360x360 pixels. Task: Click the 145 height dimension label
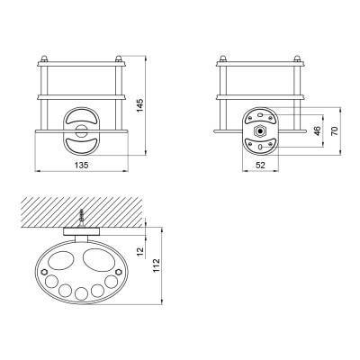click(x=140, y=105)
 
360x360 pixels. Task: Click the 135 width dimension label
click(x=81, y=165)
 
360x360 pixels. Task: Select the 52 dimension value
click(x=260, y=165)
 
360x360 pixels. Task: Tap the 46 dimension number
click(x=318, y=130)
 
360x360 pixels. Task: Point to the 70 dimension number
click(x=335, y=130)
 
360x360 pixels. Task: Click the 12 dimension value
click(x=140, y=251)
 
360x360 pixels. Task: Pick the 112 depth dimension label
click(x=157, y=265)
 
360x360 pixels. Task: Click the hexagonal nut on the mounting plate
click(x=260, y=131)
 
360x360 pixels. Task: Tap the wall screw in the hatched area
click(x=81, y=219)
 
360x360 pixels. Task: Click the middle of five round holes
click(x=81, y=293)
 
